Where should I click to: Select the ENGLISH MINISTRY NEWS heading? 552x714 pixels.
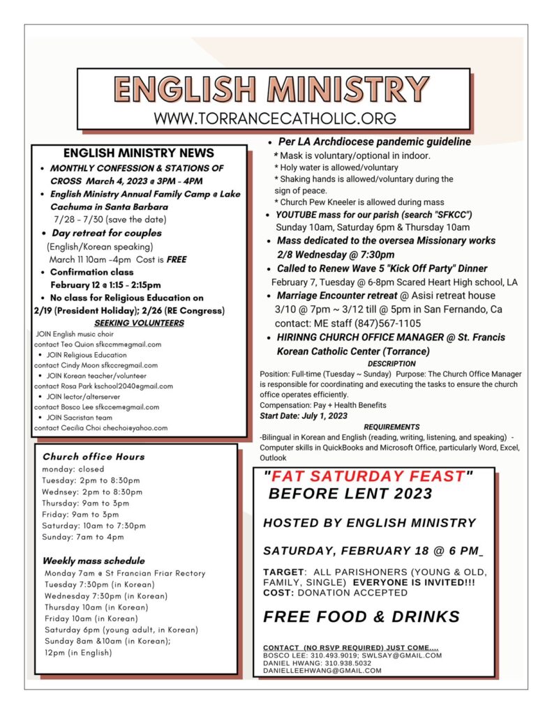coord(139,153)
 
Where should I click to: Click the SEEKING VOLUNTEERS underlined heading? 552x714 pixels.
coord(139,323)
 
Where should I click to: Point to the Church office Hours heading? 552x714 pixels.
coord(94,457)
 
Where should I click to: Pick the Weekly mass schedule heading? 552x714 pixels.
coord(94,561)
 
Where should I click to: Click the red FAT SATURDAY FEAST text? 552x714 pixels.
coord(368,477)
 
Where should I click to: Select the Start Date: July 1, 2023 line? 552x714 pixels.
coord(304,416)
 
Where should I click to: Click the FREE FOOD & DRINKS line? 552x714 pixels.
coord(361,616)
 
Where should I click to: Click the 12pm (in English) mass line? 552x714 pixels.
coord(77,653)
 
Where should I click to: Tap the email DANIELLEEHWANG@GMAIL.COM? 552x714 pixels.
coord(322,670)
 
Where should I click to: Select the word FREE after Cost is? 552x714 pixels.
coord(177,259)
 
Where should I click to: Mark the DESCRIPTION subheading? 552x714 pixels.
coord(391,363)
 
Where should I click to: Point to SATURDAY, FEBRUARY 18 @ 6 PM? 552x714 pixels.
coord(373,551)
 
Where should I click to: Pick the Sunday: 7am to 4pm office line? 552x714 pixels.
coord(83,537)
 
